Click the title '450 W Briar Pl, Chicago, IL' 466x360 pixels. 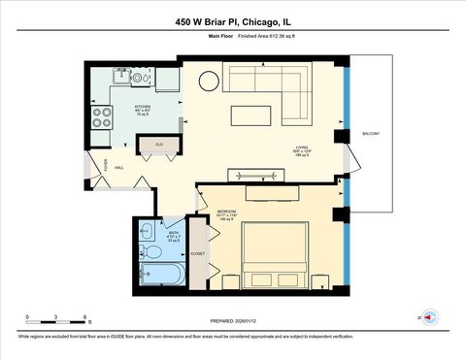click(232, 21)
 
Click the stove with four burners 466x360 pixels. click(102, 117)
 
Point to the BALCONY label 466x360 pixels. click(370, 134)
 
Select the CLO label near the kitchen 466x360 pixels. click(158, 145)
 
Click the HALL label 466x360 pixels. click(118, 168)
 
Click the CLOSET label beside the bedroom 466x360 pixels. click(197, 253)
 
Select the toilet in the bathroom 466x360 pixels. click(152, 252)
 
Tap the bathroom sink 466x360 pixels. click(145, 231)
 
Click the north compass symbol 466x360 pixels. click(428, 317)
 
